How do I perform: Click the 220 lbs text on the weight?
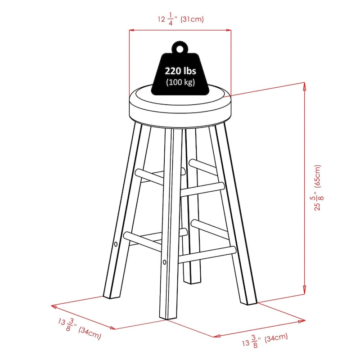[180, 71]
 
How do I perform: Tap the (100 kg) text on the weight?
[180, 82]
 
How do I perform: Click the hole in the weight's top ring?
[180, 49]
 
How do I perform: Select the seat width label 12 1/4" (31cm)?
[181, 19]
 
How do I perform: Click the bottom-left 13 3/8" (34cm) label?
[80, 328]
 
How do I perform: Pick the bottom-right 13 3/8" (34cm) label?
[265, 340]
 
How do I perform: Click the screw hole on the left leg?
[116, 244]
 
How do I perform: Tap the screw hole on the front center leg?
[164, 262]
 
